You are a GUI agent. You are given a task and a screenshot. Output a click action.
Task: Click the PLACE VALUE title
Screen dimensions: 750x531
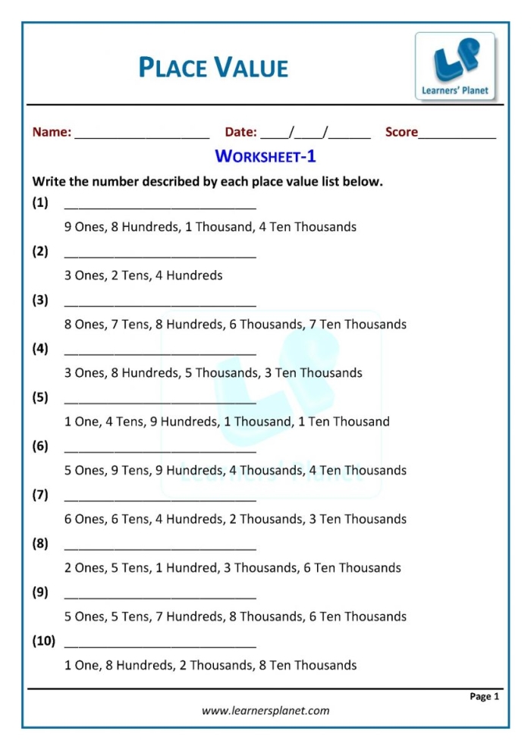pos(213,68)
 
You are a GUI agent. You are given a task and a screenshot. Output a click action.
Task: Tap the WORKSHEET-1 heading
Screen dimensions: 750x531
pos(265,156)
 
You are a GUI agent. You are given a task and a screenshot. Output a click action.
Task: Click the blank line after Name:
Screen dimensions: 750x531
pos(142,136)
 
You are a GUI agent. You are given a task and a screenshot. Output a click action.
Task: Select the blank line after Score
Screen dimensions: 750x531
pos(457,136)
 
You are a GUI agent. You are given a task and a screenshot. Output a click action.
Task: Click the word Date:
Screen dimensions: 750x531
pos(241,132)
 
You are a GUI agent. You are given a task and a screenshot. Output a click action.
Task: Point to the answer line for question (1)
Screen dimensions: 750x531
pos(160,206)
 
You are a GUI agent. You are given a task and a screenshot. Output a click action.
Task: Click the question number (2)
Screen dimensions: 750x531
pos(40,251)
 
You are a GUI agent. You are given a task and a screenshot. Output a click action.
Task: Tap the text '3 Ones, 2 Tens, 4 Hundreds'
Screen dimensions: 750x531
pos(143,275)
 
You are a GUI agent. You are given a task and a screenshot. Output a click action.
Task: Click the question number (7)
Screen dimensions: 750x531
pos(40,494)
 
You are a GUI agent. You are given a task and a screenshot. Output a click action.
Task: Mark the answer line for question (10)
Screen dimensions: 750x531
pos(160,645)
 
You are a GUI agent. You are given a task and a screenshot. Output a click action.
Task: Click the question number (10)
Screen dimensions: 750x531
pos(43,641)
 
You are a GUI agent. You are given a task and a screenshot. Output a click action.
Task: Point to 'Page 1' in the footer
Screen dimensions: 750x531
pos(484,696)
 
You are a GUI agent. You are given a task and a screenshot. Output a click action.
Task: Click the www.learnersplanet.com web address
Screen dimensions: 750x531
pos(265,711)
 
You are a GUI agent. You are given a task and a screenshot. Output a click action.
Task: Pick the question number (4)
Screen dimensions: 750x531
pos(40,349)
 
